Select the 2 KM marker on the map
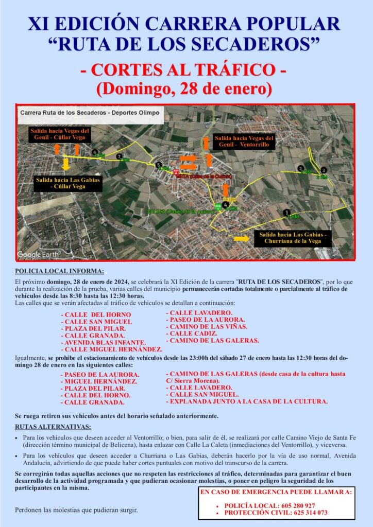pyautogui.click(x=324, y=170)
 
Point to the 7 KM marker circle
pyautogui.click(x=120, y=156)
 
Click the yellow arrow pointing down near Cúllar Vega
pyautogui.click(x=66, y=164)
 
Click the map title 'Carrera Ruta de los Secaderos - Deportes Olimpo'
pyautogui.click(x=90, y=112)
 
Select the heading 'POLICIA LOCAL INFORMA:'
pyautogui.click(x=59, y=271)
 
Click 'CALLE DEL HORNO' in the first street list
pyautogui.click(x=96, y=314)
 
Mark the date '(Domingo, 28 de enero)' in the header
pyautogui.click(x=184, y=88)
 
